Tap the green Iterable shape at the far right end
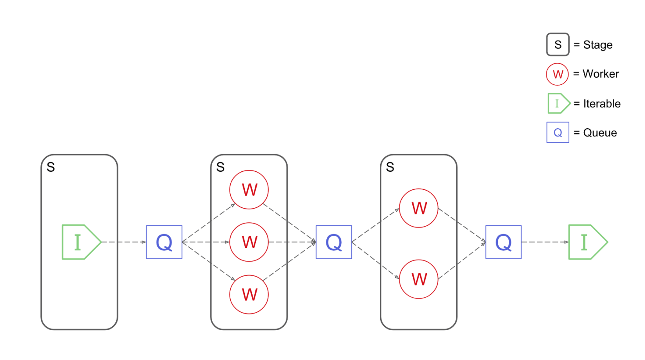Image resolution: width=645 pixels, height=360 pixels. pos(587,242)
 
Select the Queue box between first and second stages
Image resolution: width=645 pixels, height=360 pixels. pos(164,242)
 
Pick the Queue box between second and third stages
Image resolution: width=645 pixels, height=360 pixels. pos(334,242)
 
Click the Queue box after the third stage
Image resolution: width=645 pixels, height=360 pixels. pos(503,242)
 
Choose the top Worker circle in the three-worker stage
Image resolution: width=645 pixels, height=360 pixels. pos(249,190)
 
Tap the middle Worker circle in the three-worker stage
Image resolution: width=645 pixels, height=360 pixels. pos(249,242)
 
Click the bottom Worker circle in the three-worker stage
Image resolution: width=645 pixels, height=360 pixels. pos(249,295)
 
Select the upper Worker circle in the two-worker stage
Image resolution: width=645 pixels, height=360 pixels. pos(419,208)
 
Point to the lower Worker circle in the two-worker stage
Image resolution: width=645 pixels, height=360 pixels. pos(419,279)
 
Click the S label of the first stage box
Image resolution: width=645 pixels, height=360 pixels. pos(51,167)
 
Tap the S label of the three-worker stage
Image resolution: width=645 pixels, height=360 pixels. pos(220,167)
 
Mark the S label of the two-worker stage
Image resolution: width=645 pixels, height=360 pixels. pos(390,167)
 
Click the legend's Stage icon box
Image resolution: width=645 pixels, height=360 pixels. pos(558,45)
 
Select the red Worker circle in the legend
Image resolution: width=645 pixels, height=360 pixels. pos(558,74)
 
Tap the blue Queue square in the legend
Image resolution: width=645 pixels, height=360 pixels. pos(558,133)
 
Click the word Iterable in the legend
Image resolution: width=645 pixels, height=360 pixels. pos(602,104)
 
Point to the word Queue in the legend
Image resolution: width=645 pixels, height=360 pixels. pos(600,133)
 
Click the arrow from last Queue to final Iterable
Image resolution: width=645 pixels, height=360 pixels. pos(545,242)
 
